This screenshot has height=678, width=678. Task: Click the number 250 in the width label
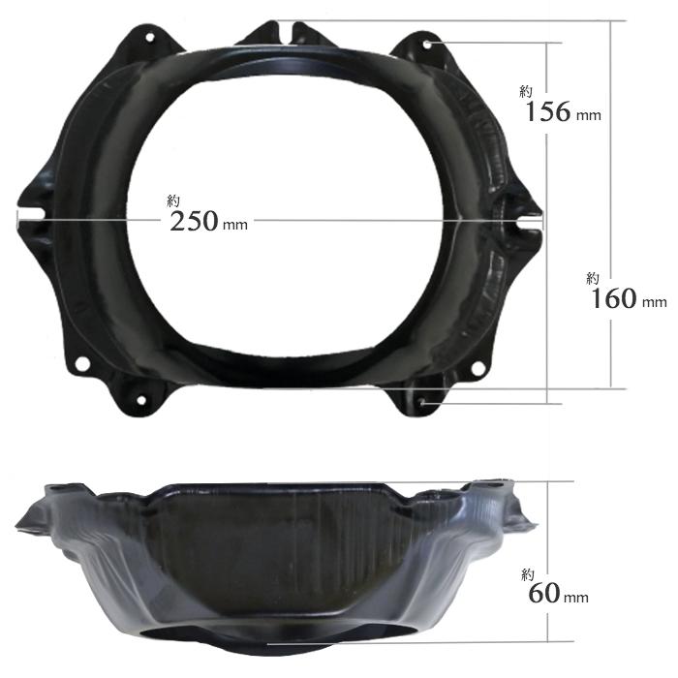click(194, 222)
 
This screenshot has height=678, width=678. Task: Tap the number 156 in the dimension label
click(548, 111)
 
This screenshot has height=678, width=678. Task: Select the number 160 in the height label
click(613, 298)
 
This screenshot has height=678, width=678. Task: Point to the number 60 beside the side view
click(544, 593)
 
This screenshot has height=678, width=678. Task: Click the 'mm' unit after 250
click(235, 225)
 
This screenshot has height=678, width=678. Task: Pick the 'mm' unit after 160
click(654, 302)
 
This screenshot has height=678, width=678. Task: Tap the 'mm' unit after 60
click(576, 598)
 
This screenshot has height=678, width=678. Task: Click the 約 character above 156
click(526, 92)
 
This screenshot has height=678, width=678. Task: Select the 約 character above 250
click(173, 201)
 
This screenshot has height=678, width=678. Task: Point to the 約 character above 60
click(528, 574)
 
